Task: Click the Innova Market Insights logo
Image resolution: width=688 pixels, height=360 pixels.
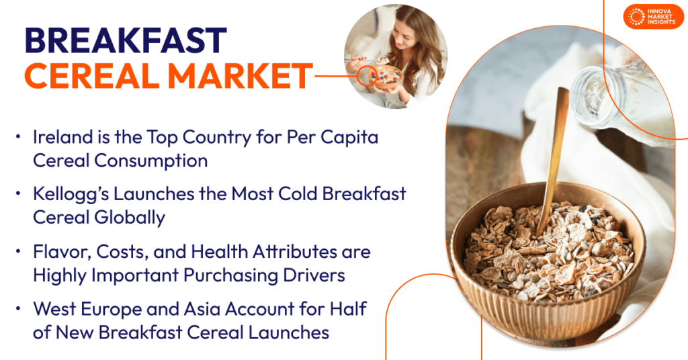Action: (x=653, y=17)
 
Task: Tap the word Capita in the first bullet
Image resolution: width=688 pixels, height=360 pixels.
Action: (x=350, y=138)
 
